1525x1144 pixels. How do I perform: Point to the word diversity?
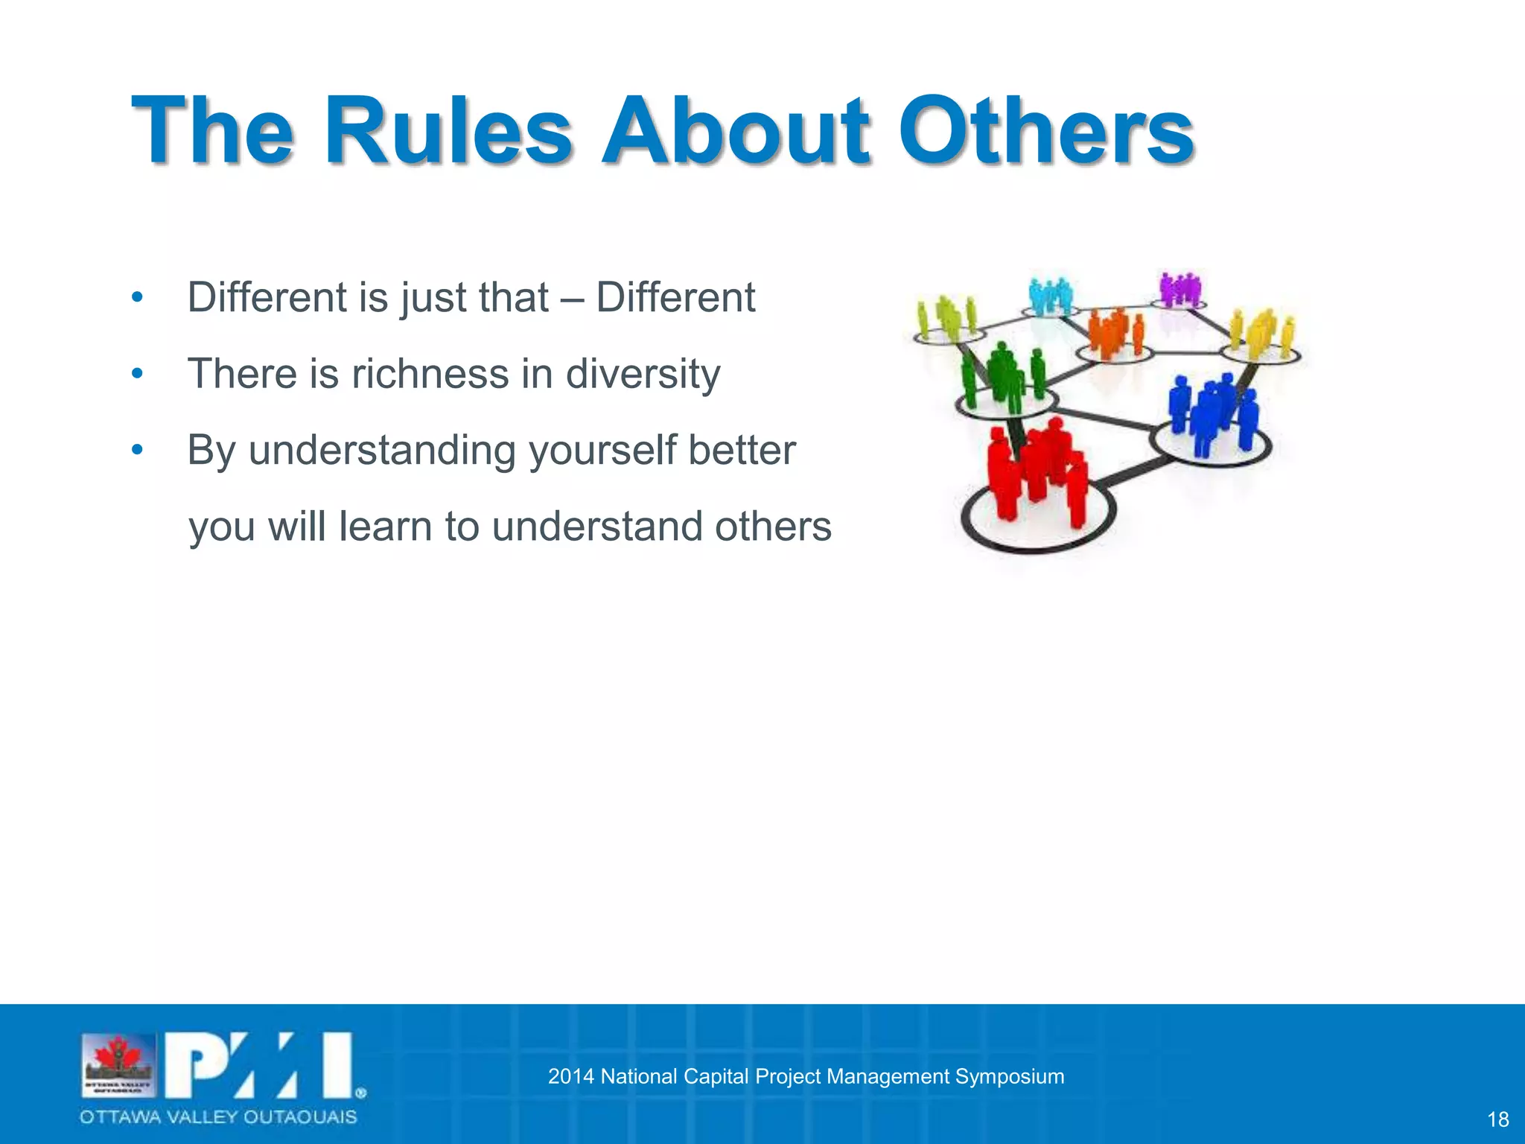click(643, 375)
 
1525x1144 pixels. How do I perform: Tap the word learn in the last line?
click(385, 527)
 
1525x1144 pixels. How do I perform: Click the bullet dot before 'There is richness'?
click(136, 373)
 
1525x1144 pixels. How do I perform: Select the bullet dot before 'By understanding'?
click(136, 450)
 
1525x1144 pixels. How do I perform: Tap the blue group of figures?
click(1211, 413)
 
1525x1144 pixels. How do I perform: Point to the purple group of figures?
click(1179, 289)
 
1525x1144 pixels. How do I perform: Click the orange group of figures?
click(1114, 331)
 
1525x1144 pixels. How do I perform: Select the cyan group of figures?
click(1049, 296)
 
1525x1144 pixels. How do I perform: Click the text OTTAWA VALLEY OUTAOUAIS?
click(218, 1116)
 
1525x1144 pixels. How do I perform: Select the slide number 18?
click(1497, 1119)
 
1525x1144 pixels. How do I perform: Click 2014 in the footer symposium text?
click(570, 1076)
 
